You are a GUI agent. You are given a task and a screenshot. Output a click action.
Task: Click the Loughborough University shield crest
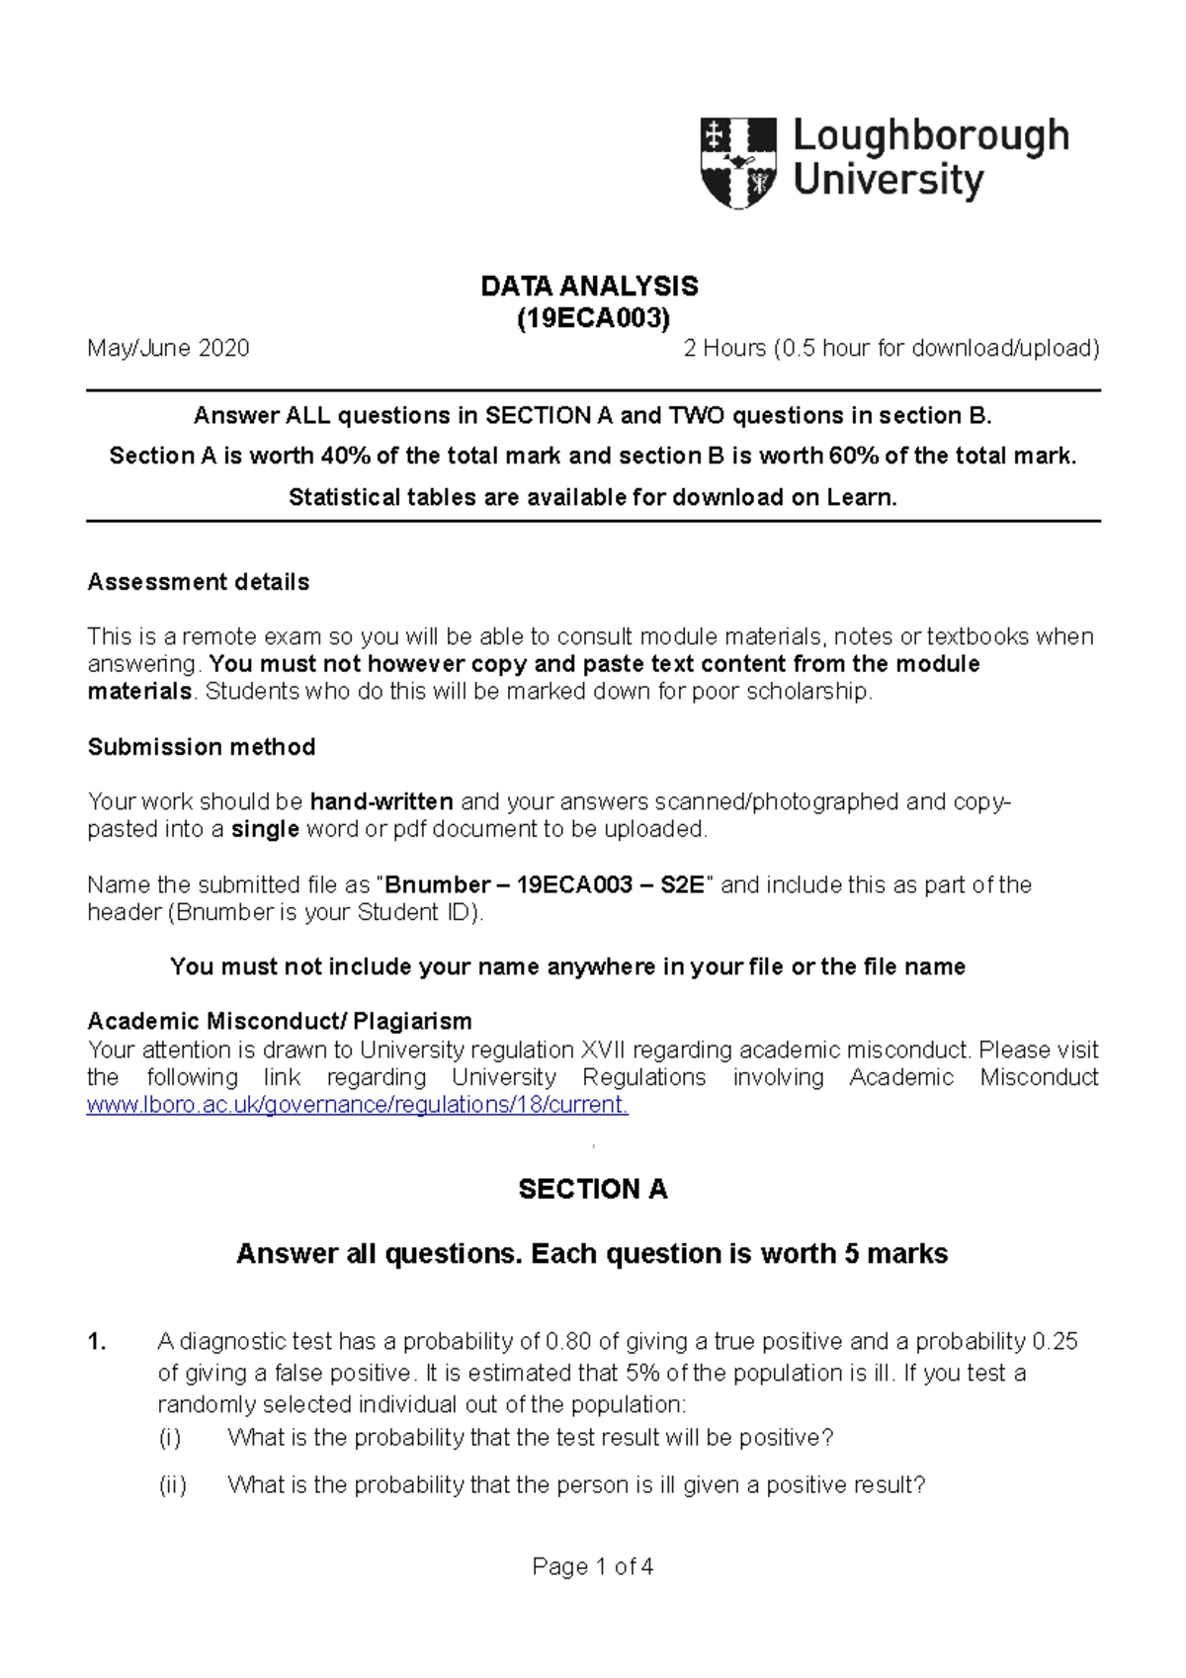click(x=738, y=162)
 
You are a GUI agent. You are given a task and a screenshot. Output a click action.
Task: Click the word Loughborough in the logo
click(x=930, y=136)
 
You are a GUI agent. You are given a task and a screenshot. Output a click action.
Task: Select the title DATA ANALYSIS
click(x=590, y=287)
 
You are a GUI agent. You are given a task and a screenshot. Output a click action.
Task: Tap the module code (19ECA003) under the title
click(x=593, y=318)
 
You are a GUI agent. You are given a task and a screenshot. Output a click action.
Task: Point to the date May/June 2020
click(x=168, y=348)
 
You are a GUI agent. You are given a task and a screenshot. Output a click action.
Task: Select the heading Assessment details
click(x=199, y=582)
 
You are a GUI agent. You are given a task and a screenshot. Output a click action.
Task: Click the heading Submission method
click(x=202, y=747)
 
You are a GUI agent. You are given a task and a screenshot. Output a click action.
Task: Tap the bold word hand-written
click(x=381, y=801)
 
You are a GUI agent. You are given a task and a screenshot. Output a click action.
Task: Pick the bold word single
click(x=265, y=829)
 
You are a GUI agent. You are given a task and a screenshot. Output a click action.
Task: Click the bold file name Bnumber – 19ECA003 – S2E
click(x=545, y=884)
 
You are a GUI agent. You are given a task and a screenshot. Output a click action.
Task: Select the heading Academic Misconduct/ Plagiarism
click(x=280, y=1021)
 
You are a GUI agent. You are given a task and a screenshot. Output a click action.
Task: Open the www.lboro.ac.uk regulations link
click(x=357, y=1105)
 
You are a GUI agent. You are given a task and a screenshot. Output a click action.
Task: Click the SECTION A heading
click(x=593, y=1189)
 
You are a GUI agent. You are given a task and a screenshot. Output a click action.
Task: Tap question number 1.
click(x=96, y=1342)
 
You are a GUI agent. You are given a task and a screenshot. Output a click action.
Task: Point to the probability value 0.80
click(x=568, y=1342)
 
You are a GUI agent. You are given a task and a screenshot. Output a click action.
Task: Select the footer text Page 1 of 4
click(x=592, y=1566)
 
